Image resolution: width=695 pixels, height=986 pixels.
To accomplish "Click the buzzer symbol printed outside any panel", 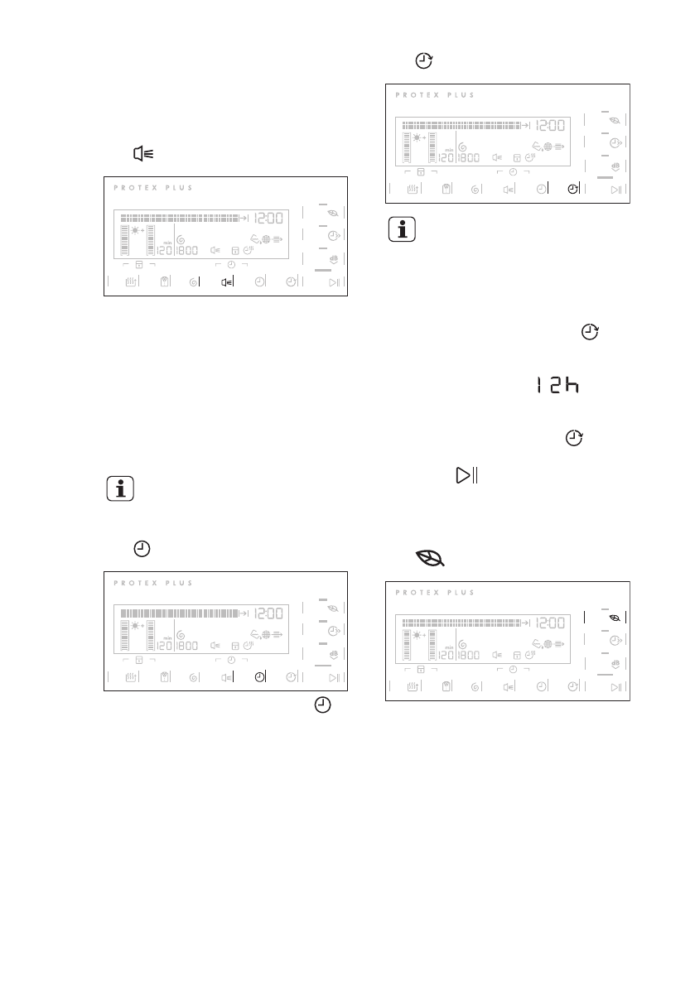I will coord(143,154).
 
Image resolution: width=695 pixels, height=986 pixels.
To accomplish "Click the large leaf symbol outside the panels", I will coord(431,560).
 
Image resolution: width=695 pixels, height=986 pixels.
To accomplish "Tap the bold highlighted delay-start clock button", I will coord(573,189).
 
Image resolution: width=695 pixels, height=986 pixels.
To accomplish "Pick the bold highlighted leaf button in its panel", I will coord(614,617).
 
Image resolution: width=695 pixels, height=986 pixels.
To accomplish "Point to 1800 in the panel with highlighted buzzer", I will coord(186,251).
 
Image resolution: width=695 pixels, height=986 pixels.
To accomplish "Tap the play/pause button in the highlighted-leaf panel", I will coord(615,687).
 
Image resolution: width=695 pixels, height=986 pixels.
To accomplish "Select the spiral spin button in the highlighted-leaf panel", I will coord(475,687).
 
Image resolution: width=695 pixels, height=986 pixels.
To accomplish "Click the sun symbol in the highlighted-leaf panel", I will coord(417,634).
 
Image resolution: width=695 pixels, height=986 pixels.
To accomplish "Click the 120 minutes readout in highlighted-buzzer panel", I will coord(164,251).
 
